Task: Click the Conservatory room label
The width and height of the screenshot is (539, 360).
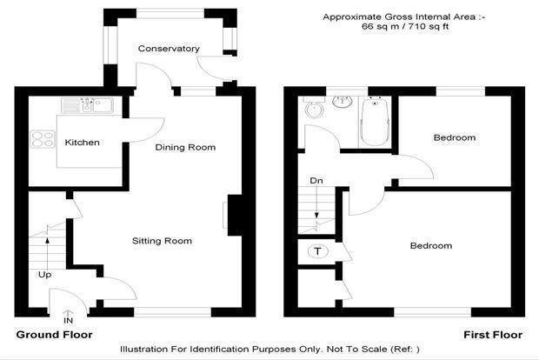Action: (169, 49)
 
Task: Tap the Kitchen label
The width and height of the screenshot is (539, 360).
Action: (83, 143)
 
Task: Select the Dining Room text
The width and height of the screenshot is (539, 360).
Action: (185, 148)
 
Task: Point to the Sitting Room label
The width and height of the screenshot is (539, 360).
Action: (162, 241)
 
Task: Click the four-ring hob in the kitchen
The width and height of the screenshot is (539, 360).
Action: (43, 139)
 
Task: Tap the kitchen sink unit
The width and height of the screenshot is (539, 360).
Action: (87, 105)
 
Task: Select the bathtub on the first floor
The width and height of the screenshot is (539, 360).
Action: (375, 121)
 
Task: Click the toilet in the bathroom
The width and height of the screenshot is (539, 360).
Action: (314, 107)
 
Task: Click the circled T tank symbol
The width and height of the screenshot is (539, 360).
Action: (317, 251)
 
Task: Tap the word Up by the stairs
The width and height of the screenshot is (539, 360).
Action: (44, 275)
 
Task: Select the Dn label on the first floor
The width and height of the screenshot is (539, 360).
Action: (316, 181)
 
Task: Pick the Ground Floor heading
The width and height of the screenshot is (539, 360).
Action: (54, 335)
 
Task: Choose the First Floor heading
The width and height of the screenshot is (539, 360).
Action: (493, 335)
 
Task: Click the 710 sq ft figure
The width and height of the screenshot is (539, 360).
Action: (428, 26)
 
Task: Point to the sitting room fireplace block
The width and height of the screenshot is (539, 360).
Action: (235, 216)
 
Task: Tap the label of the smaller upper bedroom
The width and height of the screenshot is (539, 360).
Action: (455, 137)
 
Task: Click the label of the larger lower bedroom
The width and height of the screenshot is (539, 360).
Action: (431, 245)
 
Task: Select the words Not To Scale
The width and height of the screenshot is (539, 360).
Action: (356, 350)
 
